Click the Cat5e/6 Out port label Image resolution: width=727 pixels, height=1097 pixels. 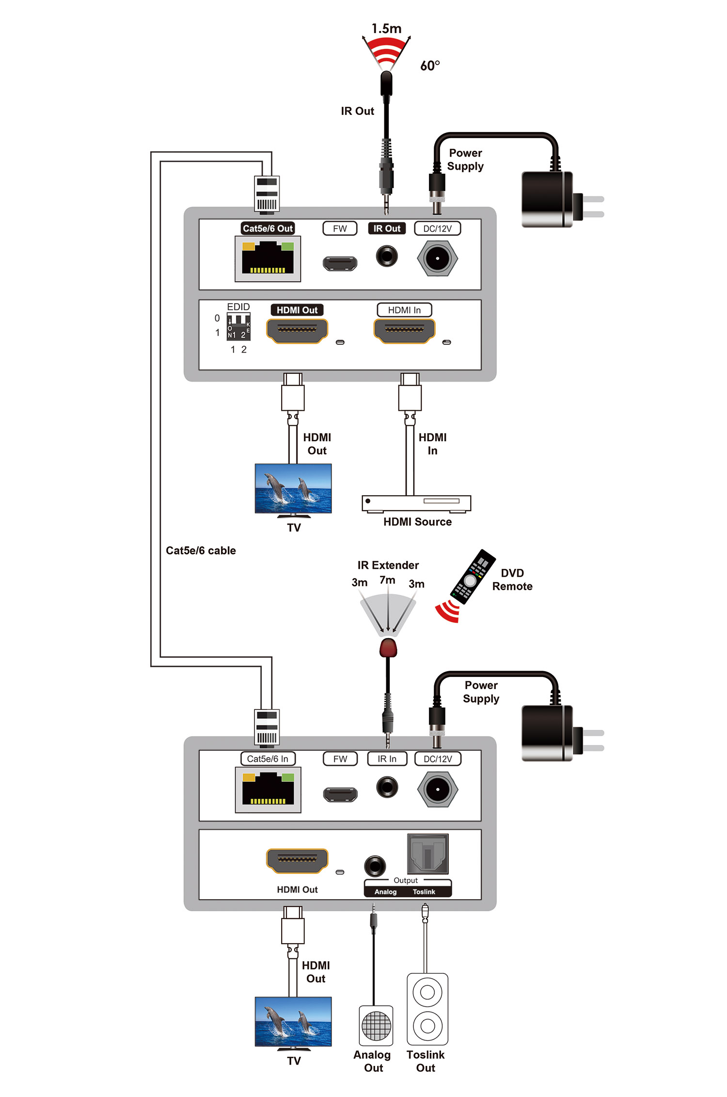pyautogui.click(x=268, y=228)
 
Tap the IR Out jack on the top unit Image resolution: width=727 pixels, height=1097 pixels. pyautogui.click(x=387, y=256)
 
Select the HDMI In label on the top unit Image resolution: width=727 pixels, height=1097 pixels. pyautogui.click(x=404, y=310)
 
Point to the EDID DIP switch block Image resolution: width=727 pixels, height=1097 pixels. pyautogui.click(x=238, y=326)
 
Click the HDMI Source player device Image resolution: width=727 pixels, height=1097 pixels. pyautogui.click(x=416, y=503)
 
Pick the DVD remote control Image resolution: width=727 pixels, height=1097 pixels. pyautogui.click(x=473, y=577)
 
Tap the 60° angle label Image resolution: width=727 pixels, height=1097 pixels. pyautogui.click(x=430, y=65)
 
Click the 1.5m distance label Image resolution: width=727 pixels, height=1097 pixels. pyautogui.click(x=386, y=29)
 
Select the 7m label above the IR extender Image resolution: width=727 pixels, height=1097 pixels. pyautogui.click(x=387, y=580)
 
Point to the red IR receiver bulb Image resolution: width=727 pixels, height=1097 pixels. pyautogui.click(x=388, y=648)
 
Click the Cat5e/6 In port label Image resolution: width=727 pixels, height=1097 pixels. pyautogui.click(x=268, y=758)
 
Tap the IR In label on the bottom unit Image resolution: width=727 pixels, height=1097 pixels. pyautogui.click(x=387, y=758)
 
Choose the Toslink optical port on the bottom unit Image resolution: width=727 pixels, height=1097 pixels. pyautogui.click(x=427, y=854)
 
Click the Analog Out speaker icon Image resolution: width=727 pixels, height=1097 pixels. pyautogui.click(x=376, y=1025)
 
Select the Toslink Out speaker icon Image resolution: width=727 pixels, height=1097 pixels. pyautogui.click(x=427, y=1009)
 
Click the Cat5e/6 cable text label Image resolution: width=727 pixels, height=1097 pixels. pyautogui.click(x=201, y=550)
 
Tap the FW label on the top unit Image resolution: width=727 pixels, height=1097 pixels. pyautogui.click(x=340, y=228)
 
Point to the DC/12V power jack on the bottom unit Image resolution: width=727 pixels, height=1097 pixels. pyautogui.click(x=438, y=789)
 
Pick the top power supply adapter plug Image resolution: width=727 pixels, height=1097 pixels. pyautogui.click(x=553, y=200)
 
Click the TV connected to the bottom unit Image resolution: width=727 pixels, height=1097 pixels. pyautogui.click(x=293, y=1022)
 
